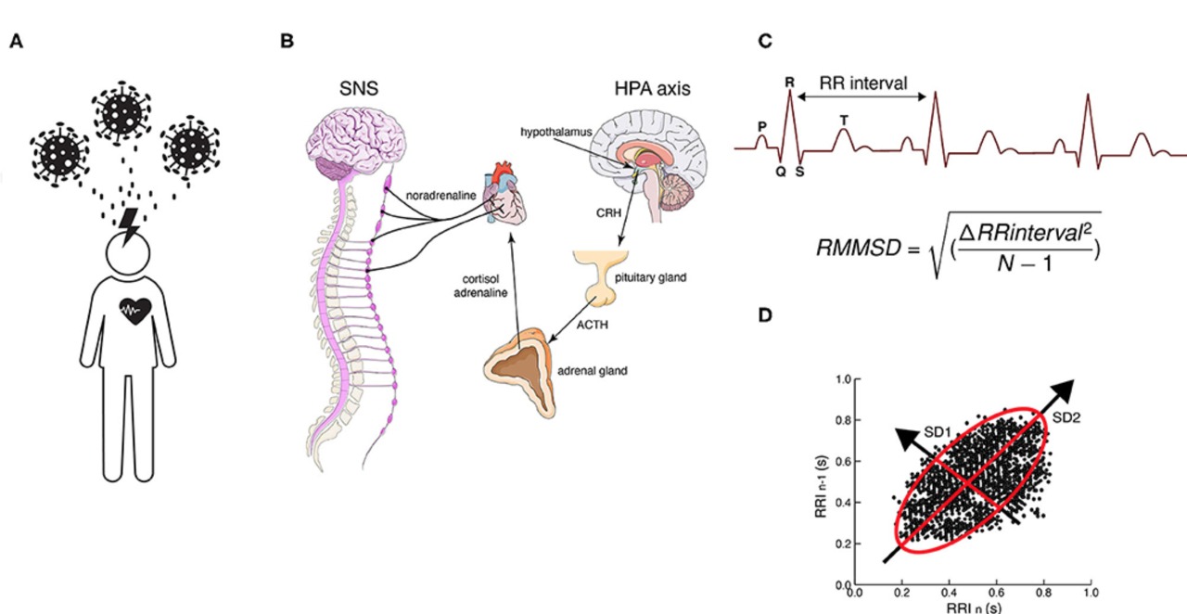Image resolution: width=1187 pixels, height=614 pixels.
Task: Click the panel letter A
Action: [x=17, y=41]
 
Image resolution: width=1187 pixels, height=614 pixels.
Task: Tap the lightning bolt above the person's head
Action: [x=129, y=226]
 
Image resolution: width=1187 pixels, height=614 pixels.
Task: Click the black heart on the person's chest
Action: [x=135, y=311]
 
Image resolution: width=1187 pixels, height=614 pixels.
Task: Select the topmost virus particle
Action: [x=121, y=112]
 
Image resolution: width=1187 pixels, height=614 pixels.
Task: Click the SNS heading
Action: [x=359, y=88]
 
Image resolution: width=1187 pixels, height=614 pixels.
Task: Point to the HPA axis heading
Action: [x=652, y=88]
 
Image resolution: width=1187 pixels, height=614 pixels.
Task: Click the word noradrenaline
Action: [x=440, y=196]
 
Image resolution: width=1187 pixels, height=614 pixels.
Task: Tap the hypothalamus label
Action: [x=555, y=132]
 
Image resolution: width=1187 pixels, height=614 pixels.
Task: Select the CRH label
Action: [x=608, y=213]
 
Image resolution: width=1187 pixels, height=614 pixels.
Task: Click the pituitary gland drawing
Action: [x=601, y=278]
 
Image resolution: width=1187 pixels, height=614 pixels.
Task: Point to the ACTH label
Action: [x=592, y=325]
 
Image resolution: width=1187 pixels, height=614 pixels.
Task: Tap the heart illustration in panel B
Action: [x=505, y=193]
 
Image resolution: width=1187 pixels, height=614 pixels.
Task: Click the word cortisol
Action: [x=480, y=279]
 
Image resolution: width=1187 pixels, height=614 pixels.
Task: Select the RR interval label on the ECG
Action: [x=863, y=83]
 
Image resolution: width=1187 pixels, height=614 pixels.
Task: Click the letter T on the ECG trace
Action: [x=844, y=121]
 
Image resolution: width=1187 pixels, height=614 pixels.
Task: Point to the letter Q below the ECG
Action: [x=781, y=172]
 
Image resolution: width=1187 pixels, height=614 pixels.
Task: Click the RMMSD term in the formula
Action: [x=859, y=248]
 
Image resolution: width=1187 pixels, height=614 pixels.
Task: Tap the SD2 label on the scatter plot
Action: [x=1066, y=417]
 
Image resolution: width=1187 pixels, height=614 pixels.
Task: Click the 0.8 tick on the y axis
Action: [x=843, y=420]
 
